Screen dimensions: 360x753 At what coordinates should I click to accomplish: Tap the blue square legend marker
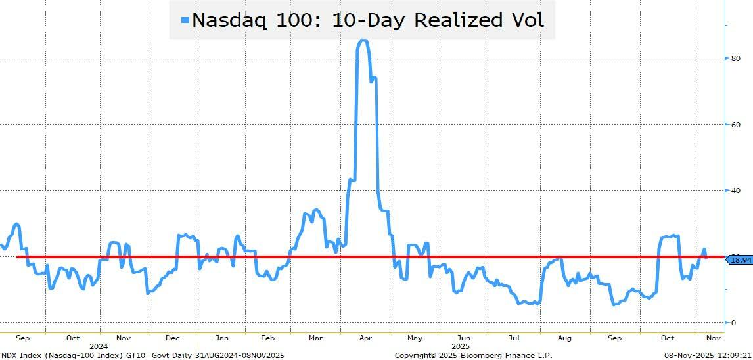coord(185,20)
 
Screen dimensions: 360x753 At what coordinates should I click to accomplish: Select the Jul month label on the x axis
coord(514,338)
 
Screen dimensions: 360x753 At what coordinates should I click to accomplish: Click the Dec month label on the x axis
coord(172,338)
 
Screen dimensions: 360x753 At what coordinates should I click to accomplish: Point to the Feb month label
coord(267,338)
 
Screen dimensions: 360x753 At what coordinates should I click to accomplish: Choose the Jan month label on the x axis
coord(221,338)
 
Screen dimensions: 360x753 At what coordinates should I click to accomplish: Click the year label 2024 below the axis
coord(98,346)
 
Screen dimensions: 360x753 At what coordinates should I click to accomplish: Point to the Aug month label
coord(564,338)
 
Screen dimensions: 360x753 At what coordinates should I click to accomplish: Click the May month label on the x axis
coord(414,338)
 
